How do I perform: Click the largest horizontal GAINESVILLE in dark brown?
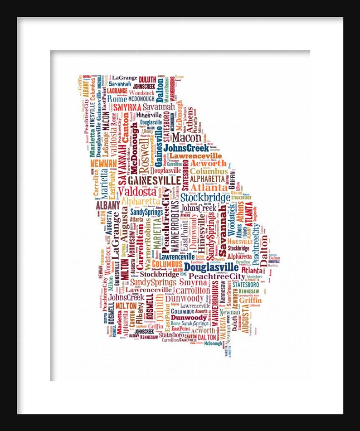coord(151,180)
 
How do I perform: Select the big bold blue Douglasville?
coord(211,267)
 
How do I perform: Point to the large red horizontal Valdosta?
coord(137,191)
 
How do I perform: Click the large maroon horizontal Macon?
coord(186,136)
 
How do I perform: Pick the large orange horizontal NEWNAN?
coord(104,164)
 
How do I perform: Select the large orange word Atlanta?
coord(209,187)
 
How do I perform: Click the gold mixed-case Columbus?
coord(209,171)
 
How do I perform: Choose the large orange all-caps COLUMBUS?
coord(167,263)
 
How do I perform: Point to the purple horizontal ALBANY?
coord(107,205)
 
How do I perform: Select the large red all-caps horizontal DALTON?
coord(207,337)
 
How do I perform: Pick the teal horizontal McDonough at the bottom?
coord(213,343)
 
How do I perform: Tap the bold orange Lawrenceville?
coord(196,155)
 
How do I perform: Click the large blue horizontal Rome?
coord(117,99)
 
